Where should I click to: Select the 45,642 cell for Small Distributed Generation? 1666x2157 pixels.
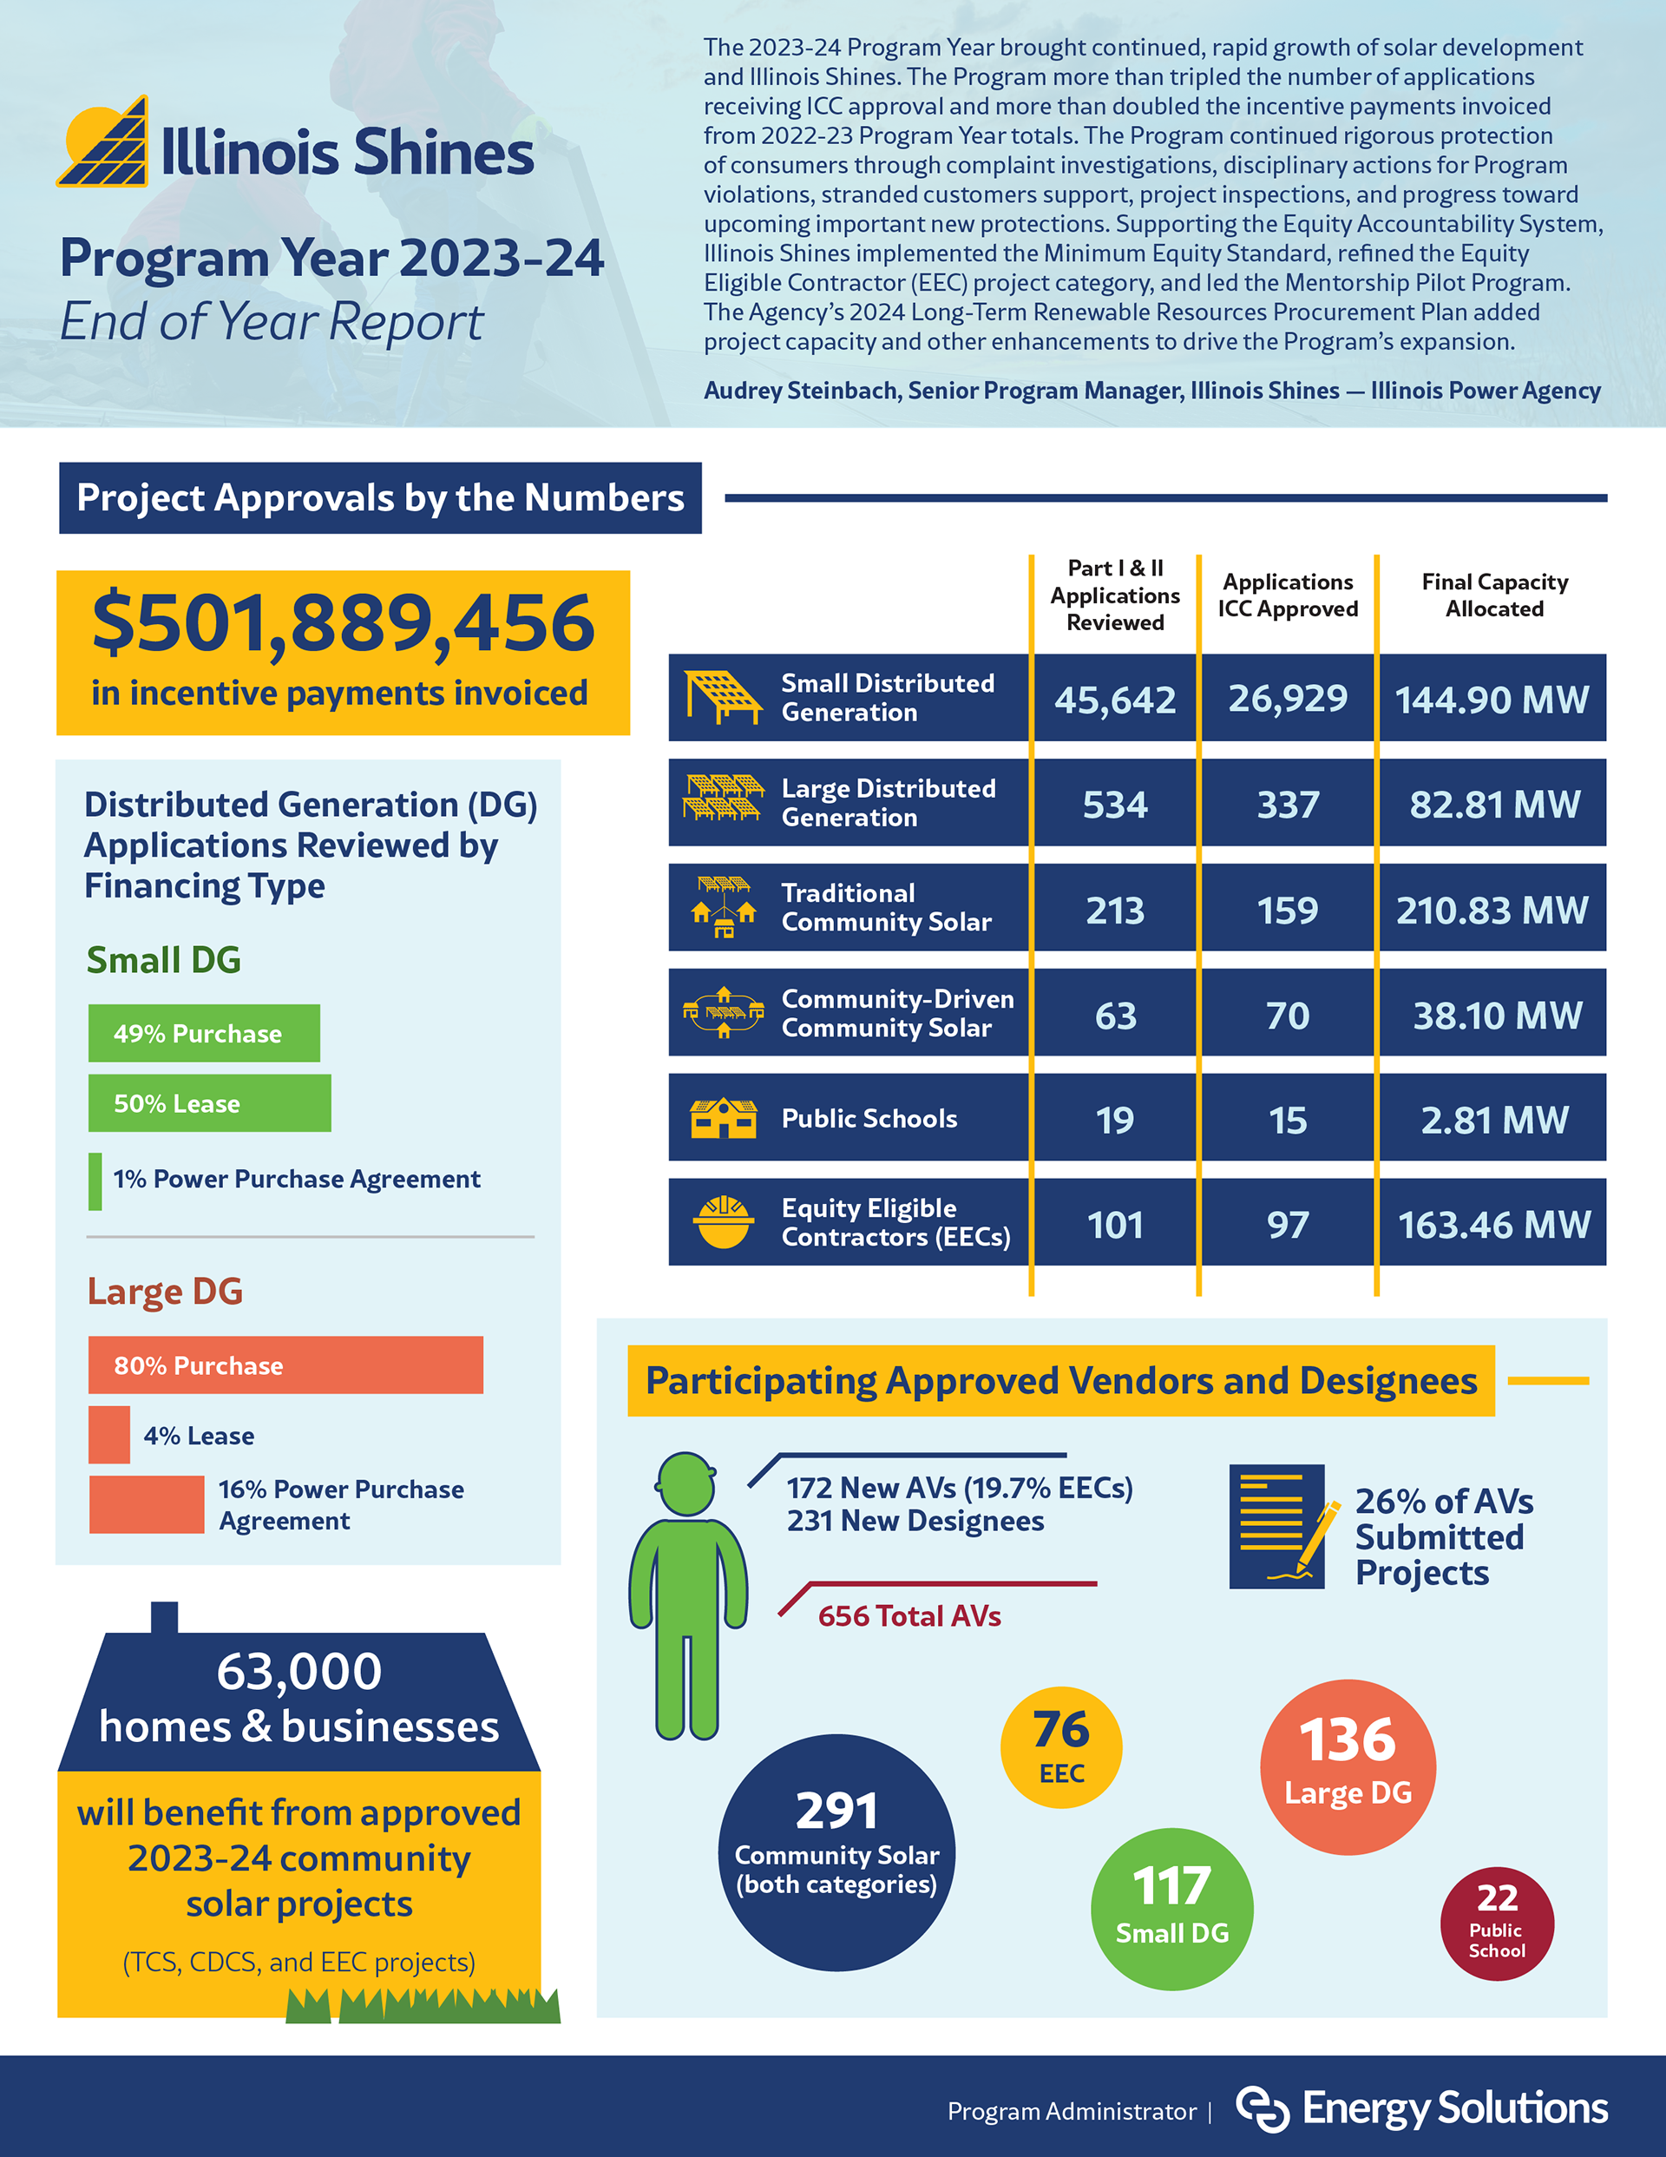tap(1115, 700)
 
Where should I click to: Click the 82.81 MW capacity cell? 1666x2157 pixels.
tap(1493, 804)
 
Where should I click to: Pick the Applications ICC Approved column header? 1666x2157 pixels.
tap(1287, 595)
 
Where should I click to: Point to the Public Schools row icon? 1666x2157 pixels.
tap(723, 1118)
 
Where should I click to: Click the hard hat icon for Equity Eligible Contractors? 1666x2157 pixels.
tap(723, 1223)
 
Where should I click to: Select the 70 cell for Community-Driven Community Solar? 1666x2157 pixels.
tap(1287, 1016)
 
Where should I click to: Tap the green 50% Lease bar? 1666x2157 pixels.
tap(209, 1103)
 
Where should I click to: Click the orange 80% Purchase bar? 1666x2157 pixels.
tap(285, 1365)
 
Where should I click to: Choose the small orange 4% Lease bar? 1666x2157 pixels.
tap(108, 1435)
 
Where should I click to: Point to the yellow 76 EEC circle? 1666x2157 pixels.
tap(1060, 1747)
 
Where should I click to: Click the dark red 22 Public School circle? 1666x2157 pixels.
tap(1496, 1923)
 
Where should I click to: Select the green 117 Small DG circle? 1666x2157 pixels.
tap(1171, 1908)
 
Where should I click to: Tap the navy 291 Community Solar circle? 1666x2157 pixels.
tap(836, 1851)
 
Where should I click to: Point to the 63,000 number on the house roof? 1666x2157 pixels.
tap(299, 1671)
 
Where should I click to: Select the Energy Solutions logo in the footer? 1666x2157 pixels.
tap(1422, 2109)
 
